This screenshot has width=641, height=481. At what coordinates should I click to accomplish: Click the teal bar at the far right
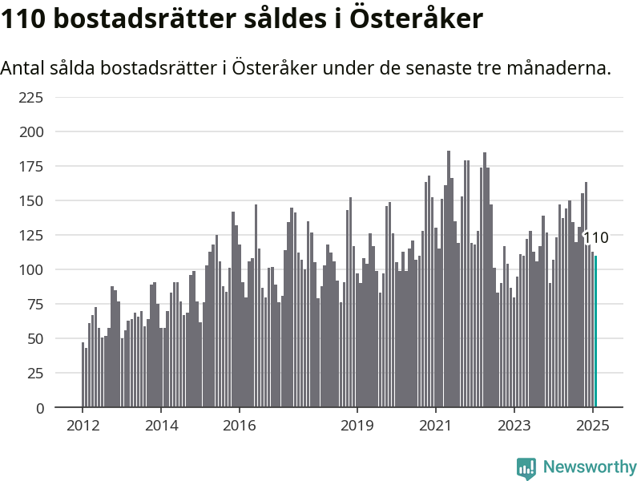pyautogui.click(x=595, y=331)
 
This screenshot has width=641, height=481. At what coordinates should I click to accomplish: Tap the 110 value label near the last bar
pyautogui.click(x=595, y=237)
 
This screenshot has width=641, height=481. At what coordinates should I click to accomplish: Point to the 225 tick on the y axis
pyautogui.click(x=31, y=98)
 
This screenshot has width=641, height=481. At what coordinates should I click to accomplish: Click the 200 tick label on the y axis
pyautogui.click(x=31, y=132)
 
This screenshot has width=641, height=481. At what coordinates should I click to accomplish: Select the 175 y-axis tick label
pyautogui.click(x=31, y=167)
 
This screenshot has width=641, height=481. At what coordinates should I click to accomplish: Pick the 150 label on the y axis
pyautogui.click(x=31, y=201)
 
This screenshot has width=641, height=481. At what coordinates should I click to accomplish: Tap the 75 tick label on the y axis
pyautogui.click(x=35, y=305)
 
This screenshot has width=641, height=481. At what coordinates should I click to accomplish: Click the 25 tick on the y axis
pyautogui.click(x=35, y=373)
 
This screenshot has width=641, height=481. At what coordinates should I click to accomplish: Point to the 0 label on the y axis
pyautogui.click(x=39, y=408)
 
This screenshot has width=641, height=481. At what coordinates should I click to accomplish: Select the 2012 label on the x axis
pyautogui.click(x=83, y=426)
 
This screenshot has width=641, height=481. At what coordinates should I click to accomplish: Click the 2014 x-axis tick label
pyautogui.click(x=162, y=426)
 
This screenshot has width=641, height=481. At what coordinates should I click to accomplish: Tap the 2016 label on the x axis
pyautogui.click(x=240, y=426)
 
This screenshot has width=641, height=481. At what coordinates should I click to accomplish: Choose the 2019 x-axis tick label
pyautogui.click(x=357, y=426)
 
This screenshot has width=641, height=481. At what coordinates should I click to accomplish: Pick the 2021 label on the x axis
pyautogui.click(x=436, y=426)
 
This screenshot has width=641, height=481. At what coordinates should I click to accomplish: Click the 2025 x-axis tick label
pyautogui.click(x=593, y=426)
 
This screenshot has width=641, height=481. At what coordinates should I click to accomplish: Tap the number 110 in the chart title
pyautogui.click(x=23, y=18)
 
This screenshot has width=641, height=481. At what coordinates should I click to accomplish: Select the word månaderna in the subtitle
pyautogui.click(x=558, y=68)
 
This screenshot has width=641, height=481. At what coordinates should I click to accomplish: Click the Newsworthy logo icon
pyautogui.click(x=526, y=468)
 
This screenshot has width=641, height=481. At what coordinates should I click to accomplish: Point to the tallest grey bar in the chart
pyautogui.click(x=449, y=279)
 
